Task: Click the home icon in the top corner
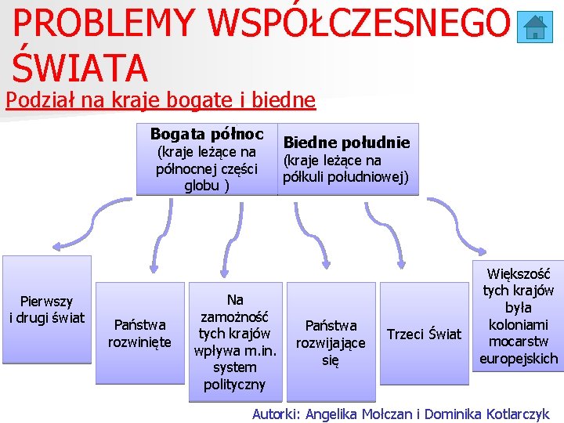[x=535, y=27]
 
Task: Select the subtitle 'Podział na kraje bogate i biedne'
[x=160, y=100]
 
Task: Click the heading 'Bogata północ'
[x=207, y=134]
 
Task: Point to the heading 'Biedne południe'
[x=346, y=142]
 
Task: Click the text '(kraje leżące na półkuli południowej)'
[x=345, y=168]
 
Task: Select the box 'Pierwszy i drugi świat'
[x=47, y=309]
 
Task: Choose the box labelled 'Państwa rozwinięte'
[x=139, y=333]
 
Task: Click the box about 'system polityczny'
[x=235, y=342]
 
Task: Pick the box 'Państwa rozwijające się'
[x=331, y=342]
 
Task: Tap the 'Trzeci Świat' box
[x=424, y=334]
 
